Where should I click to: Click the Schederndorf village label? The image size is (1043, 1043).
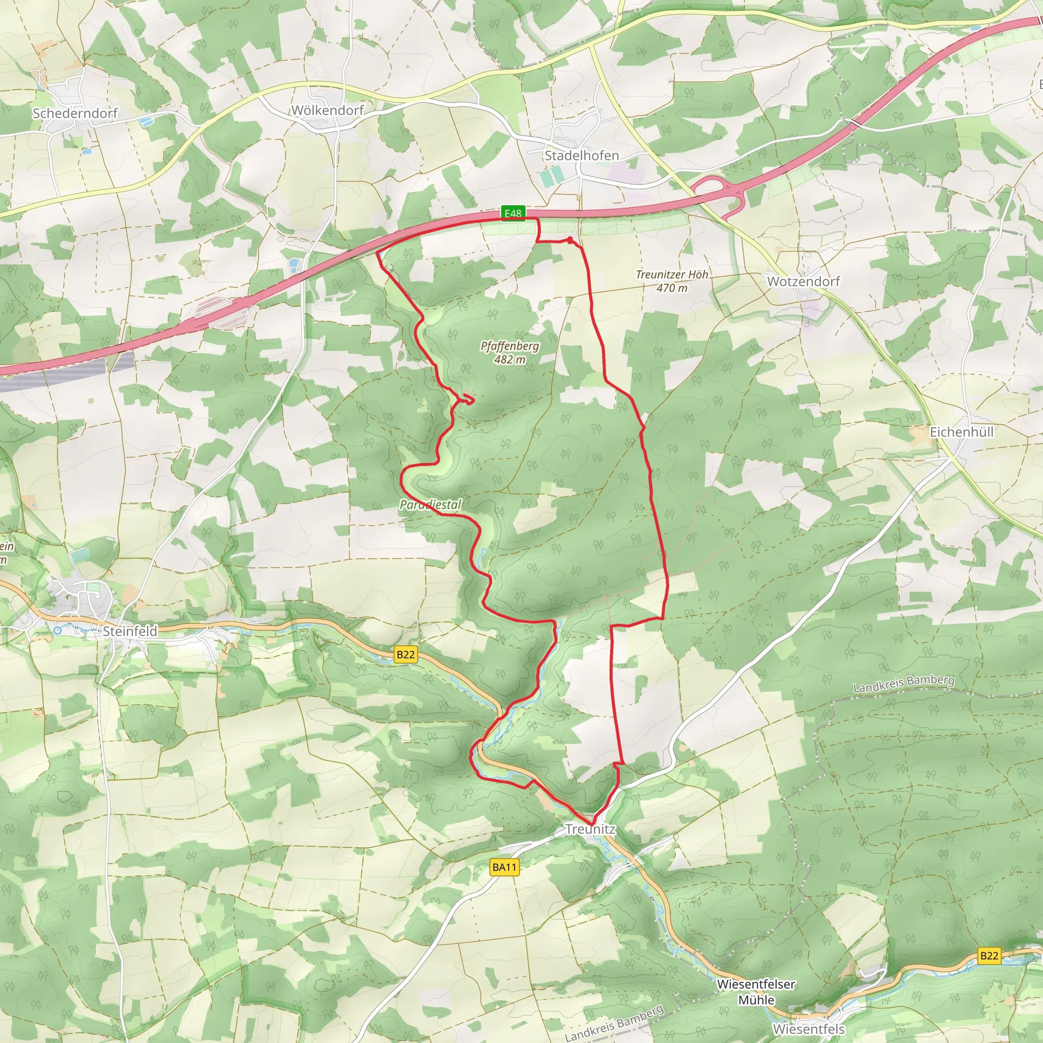[x=75, y=114]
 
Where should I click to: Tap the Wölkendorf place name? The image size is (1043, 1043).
[x=327, y=111]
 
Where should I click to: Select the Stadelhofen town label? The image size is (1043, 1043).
[x=582, y=155]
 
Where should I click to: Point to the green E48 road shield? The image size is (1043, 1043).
[x=513, y=213]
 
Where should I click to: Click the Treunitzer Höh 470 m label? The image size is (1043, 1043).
[x=672, y=281]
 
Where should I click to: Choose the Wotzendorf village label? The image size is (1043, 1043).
[x=803, y=281]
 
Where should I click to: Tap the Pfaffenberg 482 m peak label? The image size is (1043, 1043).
[x=510, y=352]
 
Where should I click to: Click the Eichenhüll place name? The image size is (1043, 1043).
[x=962, y=432]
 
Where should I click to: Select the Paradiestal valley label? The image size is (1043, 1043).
[x=430, y=505]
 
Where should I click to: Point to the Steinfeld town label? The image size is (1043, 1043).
[x=130, y=631]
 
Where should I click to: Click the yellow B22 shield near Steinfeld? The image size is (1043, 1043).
[x=405, y=655]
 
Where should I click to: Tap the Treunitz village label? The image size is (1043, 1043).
[x=590, y=829]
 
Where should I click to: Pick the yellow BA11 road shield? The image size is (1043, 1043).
[x=505, y=867]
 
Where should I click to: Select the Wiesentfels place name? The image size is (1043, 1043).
[x=809, y=1029]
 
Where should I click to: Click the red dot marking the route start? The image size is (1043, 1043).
[x=570, y=240]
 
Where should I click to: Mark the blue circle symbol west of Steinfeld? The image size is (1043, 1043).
[x=58, y=630]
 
